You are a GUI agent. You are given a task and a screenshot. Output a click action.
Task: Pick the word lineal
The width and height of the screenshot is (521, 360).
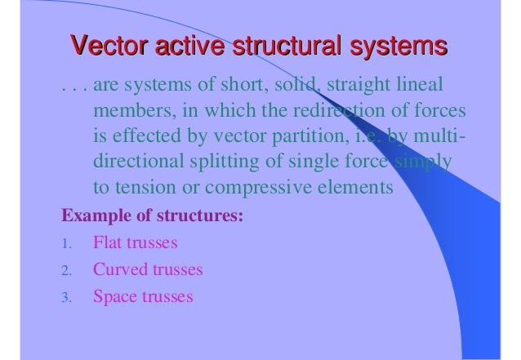pyautogui.click(x=419, y=85)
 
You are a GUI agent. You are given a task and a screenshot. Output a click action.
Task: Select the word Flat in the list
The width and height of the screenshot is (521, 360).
pyautogui.click(x=109, y=242)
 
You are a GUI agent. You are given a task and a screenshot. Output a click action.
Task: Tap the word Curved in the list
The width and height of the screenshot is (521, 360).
pyautogui.click(x=118, y=269)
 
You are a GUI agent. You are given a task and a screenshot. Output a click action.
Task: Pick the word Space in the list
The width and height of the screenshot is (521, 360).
pyautogui.click(x=115, y=295)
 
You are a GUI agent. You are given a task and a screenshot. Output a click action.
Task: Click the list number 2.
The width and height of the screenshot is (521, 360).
pyautogui.click(x=67, y=270)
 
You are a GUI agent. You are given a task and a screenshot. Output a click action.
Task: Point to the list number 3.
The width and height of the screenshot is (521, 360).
pyautogui.click(x=67, y=296)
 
